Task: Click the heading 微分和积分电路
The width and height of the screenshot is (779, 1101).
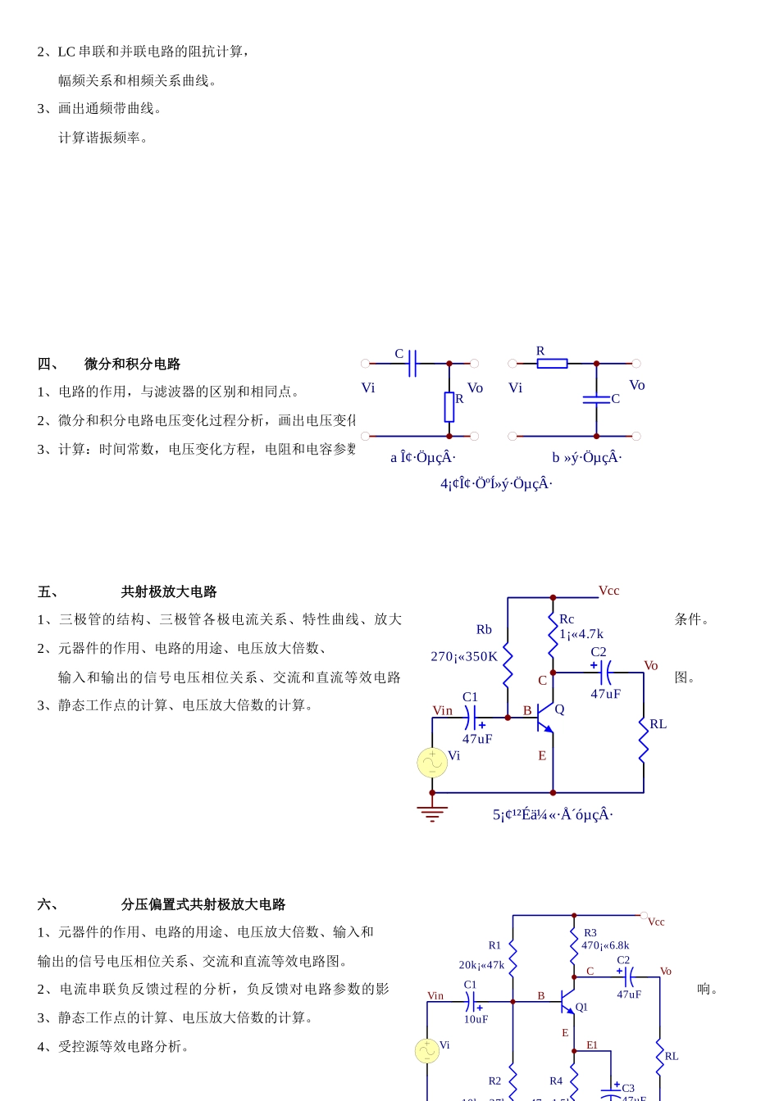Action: (x=132, y=364)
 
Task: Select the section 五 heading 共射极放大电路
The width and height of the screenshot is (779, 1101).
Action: (x=169, y=591)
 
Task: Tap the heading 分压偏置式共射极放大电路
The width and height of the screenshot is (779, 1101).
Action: (x=203, y=904)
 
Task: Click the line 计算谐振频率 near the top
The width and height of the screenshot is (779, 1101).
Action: (x=103, y=138)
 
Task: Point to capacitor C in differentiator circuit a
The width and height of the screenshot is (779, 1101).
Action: (x=412, y=363)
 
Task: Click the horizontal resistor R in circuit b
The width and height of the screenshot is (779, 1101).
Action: (x=552, y=363)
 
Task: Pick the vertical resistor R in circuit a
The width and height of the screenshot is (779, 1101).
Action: (x=449, y=406)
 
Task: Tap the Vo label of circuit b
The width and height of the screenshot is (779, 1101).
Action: (x=637, y=385)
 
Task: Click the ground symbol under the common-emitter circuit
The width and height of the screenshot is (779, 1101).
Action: (x=432, y=813)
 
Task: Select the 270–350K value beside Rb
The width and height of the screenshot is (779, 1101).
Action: (x=464, y=656)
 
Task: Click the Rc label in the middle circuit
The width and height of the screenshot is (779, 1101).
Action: (x=567, y=619)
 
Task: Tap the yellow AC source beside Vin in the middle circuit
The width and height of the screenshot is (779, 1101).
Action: (x=432, y=763)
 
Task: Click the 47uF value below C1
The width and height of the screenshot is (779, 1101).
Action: (x=477, y=739)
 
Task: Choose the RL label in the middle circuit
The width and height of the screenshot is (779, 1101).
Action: (x=658, y=724)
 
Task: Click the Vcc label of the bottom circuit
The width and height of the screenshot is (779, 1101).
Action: (x=656, y=922)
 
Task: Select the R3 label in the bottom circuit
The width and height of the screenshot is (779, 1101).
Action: (x=590, y=933)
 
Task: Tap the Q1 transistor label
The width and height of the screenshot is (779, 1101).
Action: (x=581, y=1007)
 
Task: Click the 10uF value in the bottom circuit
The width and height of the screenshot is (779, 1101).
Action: (x=476, y=1019)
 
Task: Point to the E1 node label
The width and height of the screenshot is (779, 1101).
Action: (x=592, y=1045)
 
